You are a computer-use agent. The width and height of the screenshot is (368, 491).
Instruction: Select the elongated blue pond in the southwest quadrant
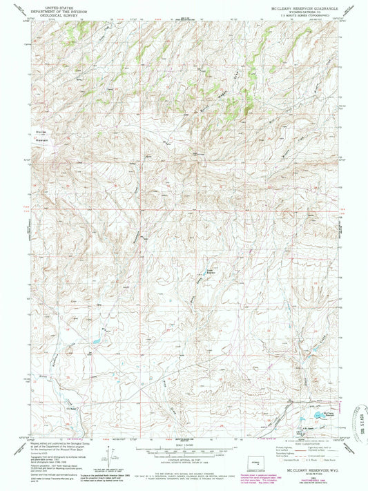97,342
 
